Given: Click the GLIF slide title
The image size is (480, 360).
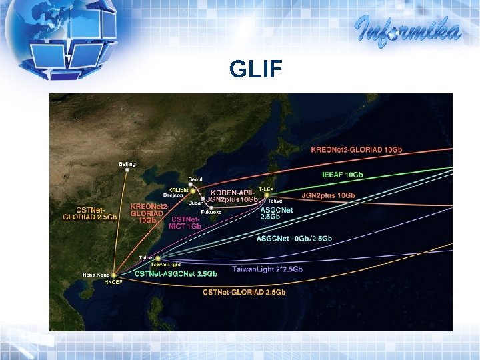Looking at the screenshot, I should tap(257, 69).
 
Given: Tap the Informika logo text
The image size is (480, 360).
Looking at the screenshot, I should tap(408, 30).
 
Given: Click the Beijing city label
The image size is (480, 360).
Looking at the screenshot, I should tap(127, 163).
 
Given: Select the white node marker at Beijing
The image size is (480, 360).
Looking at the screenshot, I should tap(127, 170).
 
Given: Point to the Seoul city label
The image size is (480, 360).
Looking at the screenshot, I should tap(195, 179).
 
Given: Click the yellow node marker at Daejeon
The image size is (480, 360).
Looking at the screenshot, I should tap(193, 191).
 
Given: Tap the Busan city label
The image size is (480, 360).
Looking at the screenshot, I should tap(196, 203).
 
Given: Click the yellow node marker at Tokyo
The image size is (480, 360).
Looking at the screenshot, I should tap(266, 195).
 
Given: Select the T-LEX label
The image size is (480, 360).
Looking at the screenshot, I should tap(266, 189).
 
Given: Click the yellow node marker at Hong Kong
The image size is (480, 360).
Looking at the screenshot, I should tap(114, 275).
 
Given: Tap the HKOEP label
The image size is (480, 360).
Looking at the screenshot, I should tap(113, 282).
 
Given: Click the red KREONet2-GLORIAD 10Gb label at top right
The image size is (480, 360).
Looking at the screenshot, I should tap(357, 149).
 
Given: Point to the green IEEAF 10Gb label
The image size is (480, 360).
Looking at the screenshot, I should tap(343, 174).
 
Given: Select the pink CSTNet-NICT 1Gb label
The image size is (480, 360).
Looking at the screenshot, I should tap(186, 222).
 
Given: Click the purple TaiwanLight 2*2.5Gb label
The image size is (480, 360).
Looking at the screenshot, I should tap(267, 269).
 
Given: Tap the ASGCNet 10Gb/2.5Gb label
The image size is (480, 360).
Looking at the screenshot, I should tap(294, 238).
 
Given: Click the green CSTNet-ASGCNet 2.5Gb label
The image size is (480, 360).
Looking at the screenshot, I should tap(175, 273).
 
